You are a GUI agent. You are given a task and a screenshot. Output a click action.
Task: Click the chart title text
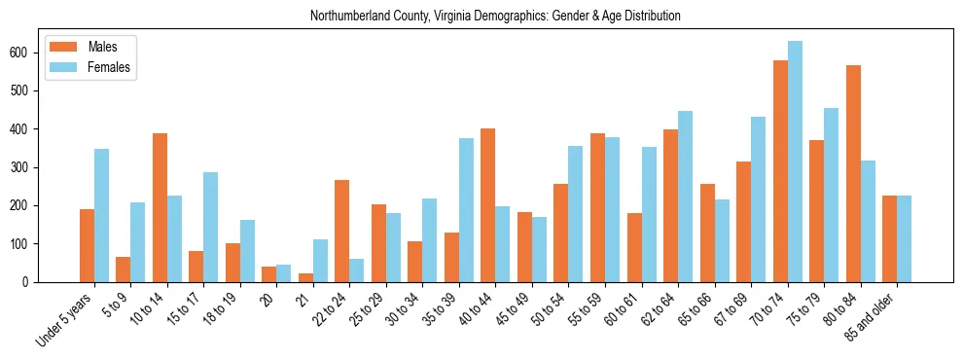(x=495, y=17)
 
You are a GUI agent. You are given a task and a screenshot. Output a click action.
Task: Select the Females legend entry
(x=108, y=67)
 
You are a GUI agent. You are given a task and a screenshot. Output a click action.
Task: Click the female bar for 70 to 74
(x=795, y=162)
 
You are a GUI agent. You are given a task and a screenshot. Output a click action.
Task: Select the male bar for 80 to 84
(x=853, y=173)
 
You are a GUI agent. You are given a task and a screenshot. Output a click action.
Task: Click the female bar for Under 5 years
(x=101, y=215)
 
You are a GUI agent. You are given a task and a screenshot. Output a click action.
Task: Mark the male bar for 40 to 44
(x=488, y=205)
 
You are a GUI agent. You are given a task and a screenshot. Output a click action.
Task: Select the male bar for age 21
(x=305, y=277)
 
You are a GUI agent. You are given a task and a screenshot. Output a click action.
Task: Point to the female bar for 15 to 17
(x=211, y=227)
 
